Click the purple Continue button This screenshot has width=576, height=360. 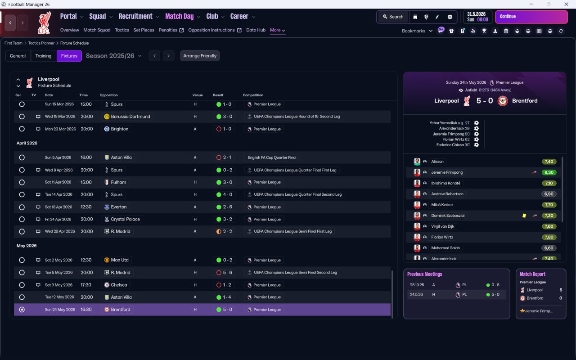click(531, 17)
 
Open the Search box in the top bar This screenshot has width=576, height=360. click(393, 17)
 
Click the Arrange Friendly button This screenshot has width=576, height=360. click(200, 56)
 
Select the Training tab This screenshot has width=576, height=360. click(43, 56)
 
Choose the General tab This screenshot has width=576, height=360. click(18, 56)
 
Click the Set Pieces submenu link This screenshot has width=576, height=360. click(144, 30)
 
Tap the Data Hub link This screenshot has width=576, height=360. click(256, 30)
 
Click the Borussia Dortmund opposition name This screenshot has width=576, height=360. click(130, 117)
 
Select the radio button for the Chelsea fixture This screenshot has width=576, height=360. click(22, 285)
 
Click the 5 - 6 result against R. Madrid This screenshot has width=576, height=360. click(227, 273)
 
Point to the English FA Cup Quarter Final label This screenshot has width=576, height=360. click(272, 157)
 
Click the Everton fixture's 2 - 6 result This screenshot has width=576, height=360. click(227, 207)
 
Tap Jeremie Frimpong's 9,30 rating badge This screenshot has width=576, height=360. click(549, 172)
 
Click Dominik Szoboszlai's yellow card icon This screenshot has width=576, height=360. click(524, 216)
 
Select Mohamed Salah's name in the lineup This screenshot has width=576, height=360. click(445, 248)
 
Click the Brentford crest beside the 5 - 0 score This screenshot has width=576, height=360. click(503, 101)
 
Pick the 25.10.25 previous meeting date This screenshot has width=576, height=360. click(417, 285)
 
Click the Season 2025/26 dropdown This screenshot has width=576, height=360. click(114, 56)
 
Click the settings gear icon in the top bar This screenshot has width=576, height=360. click(450, 17)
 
